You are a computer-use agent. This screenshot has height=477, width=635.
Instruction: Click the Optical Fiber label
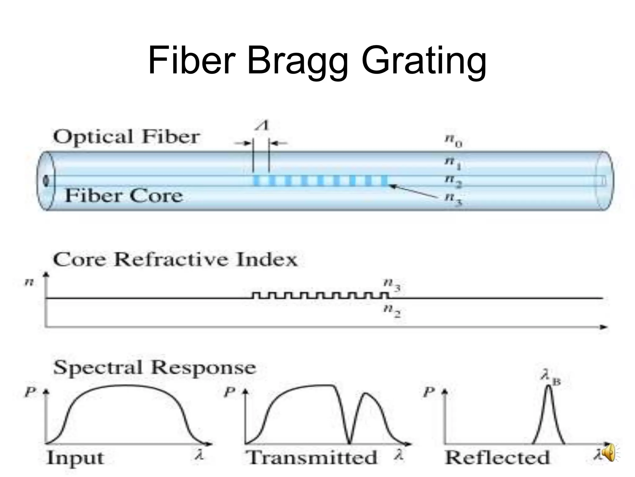[x=127, y=137]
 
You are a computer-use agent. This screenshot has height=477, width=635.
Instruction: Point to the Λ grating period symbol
[x=262, y=126]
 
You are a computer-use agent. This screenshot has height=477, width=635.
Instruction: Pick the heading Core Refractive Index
[x=175, y=260]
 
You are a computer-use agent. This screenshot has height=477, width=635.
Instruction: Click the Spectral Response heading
[x=154, y=368]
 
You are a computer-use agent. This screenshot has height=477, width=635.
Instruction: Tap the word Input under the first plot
[x=75, y=458]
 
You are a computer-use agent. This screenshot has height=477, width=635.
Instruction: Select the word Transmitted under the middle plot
[x=311, y=458]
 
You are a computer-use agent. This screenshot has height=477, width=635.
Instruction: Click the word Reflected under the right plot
[x=497, y=458]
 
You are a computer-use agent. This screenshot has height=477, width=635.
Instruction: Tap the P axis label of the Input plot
[x=30, y=392]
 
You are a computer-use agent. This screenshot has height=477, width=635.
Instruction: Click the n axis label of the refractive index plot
[x=29, y=282]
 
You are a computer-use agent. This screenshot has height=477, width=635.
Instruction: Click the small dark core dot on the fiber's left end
[x=46, y=181]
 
